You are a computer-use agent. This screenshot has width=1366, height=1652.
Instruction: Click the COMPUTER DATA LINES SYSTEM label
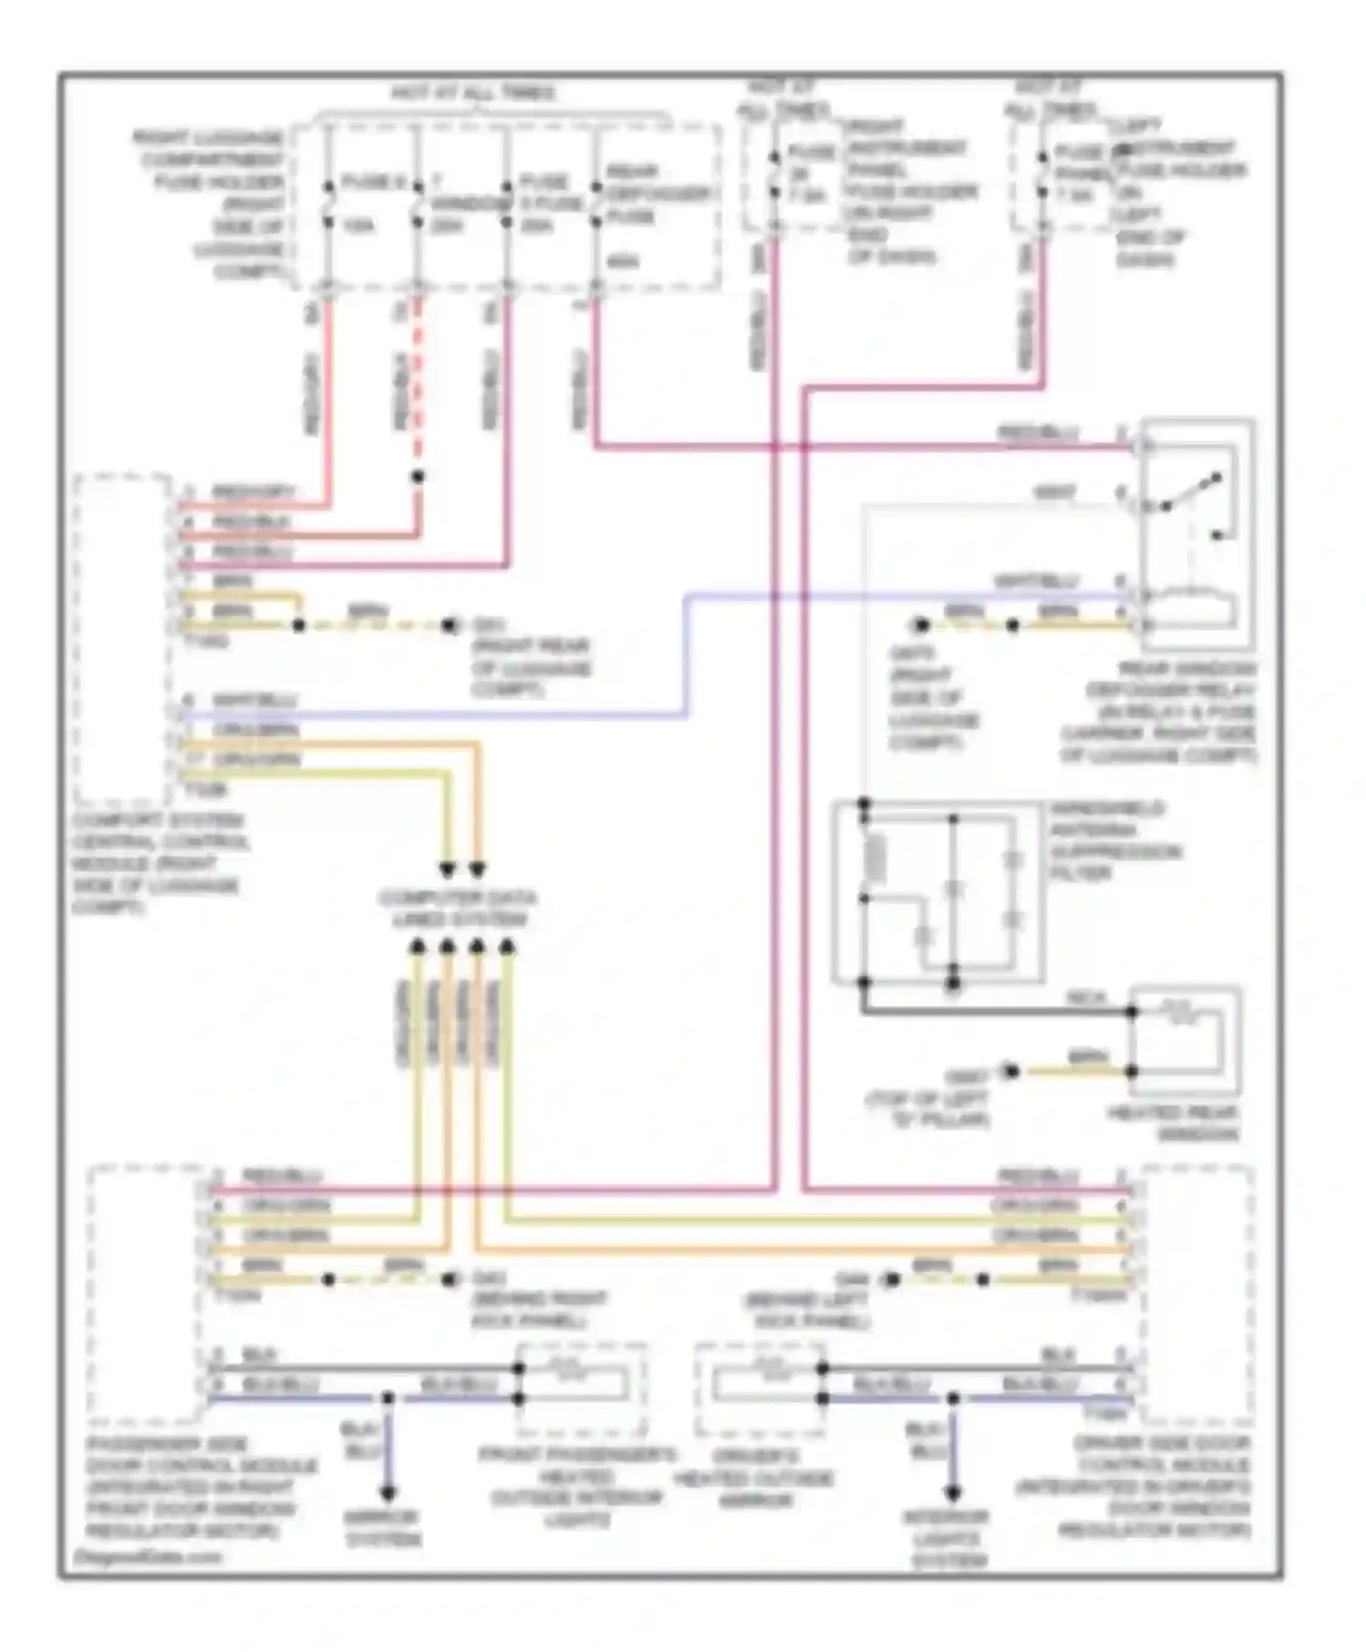[458, 909]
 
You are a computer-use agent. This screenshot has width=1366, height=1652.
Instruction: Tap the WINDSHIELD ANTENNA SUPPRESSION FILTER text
[1115, 841]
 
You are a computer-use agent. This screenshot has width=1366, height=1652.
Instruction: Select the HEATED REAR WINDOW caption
[1172, 1124]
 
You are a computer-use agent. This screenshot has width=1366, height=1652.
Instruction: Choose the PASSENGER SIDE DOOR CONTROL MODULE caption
[201, 1486]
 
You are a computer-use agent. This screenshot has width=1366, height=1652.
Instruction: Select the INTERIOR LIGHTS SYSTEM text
[947, 1539]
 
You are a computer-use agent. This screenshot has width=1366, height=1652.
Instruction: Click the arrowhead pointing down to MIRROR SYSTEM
[388, 1494]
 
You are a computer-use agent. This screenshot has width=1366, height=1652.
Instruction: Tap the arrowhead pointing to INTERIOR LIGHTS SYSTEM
[953, 1493]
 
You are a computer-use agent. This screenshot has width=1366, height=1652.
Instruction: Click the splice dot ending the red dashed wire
[418, 476]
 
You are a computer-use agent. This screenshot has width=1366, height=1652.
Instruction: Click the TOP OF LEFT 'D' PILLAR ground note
[927, 1099]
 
